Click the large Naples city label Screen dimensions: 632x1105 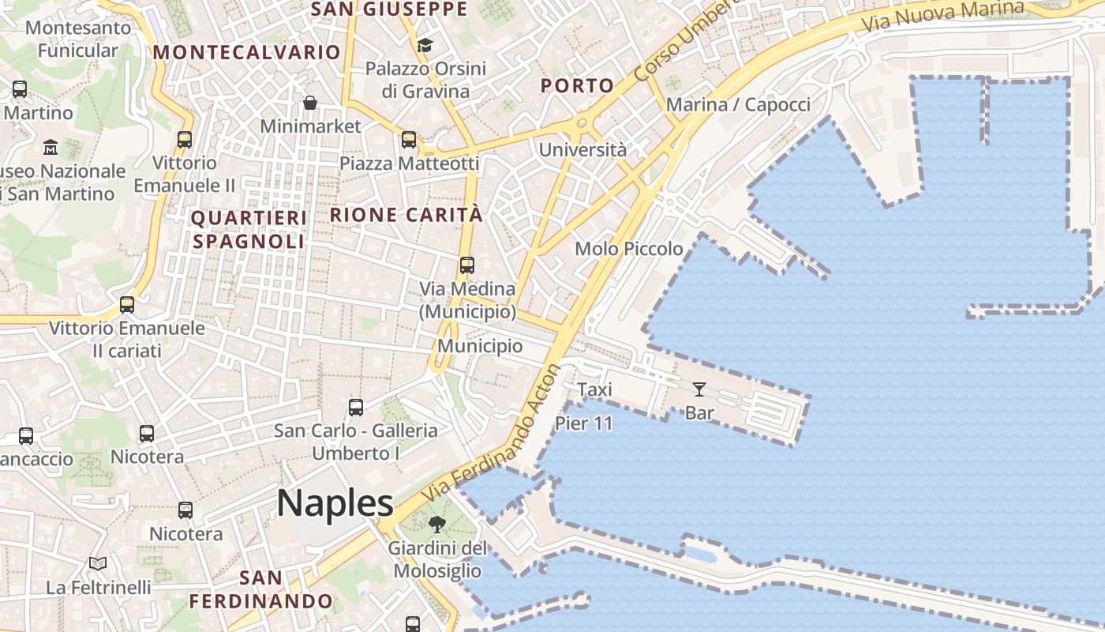[x=335, y=504]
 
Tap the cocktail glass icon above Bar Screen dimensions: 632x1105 [x=699, y=389]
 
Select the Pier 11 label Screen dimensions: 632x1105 [x=584, y=423]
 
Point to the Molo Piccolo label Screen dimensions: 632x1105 [x=629, y=249]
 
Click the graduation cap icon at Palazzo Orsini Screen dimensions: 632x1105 [x=425, y=45]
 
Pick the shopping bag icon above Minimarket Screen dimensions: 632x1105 [x=311, y=103]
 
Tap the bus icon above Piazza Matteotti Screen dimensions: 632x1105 [x=409, y=140]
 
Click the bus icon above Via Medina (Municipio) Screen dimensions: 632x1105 [x=467, y=265]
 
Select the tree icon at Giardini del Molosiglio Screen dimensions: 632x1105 [x=436, y=524]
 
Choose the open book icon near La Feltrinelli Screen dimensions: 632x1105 [x=98, y=564]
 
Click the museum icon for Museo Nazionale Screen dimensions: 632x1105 [x=51, y=148]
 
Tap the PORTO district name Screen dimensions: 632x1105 [x=578, y=86]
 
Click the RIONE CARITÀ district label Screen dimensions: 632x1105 [x=406, y=215]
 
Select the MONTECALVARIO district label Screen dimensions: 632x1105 [x=247, y=53]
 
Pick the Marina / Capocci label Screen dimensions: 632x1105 [x=738, y=105]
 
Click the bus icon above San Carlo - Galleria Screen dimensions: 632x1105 [x=356, y=408]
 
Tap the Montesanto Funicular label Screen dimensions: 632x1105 [x=78, y=39]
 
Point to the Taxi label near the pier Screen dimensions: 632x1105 [x=595, y=389]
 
